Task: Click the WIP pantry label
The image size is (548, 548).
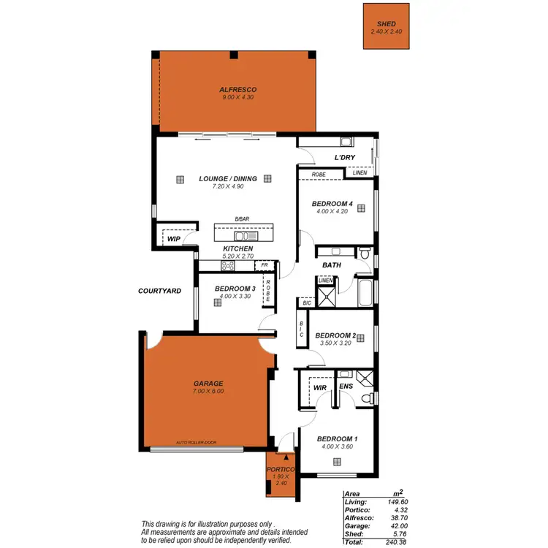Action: (x=173, y=238)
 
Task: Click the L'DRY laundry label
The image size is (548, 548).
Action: (x=344, y=158)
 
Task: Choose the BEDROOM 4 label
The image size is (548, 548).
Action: (x=332, y=203)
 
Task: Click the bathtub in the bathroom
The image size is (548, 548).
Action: (x=363, y=292)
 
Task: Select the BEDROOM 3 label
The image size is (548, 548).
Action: (x=235, y=289)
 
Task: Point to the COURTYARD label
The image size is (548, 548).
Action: (x=159, y=291)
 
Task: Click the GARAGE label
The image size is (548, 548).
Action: (x=209, y=383)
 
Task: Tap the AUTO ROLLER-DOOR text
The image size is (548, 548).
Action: (x=197, y=443)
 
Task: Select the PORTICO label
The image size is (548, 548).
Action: (x=281, y=469)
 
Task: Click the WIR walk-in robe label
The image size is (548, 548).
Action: (x=319, y=387)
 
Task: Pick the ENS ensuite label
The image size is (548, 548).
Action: (x=346, y=387)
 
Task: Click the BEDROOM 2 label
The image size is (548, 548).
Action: (x=336, y=336)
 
